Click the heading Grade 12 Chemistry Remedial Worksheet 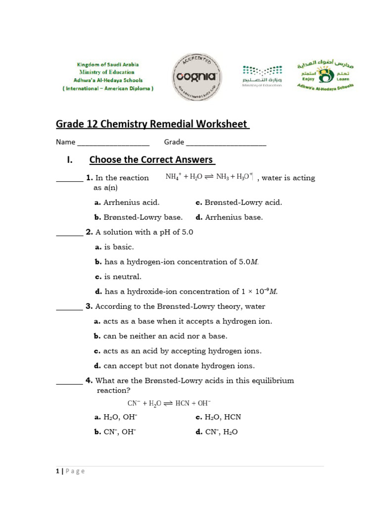152,124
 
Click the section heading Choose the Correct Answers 152,160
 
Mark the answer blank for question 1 69,180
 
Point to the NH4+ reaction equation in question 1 209,177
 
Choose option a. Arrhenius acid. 127,203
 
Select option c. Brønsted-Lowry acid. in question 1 239,203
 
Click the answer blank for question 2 69,235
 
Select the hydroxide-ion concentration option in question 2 186,292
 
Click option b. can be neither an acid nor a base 161,336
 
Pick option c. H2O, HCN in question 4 218,417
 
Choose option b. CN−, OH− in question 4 115,432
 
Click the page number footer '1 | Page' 70,471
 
